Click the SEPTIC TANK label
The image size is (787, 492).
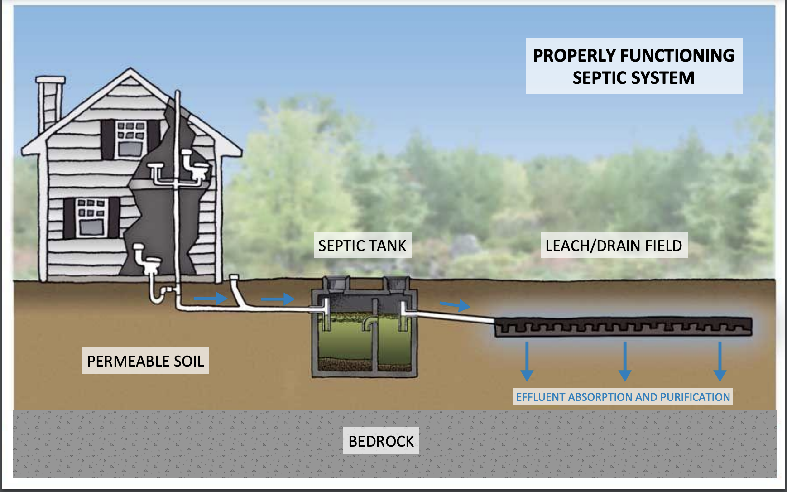362,245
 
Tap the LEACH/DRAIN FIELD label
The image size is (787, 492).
614,245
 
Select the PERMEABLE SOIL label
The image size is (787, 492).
145,361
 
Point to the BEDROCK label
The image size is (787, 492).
381,441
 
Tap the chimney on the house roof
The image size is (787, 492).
50,102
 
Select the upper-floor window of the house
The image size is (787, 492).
130,139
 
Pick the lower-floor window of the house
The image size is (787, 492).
92,217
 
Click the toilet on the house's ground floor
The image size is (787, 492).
147,263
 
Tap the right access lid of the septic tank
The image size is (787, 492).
397,285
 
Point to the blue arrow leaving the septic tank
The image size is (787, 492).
455,305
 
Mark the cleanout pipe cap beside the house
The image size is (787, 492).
234,277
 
